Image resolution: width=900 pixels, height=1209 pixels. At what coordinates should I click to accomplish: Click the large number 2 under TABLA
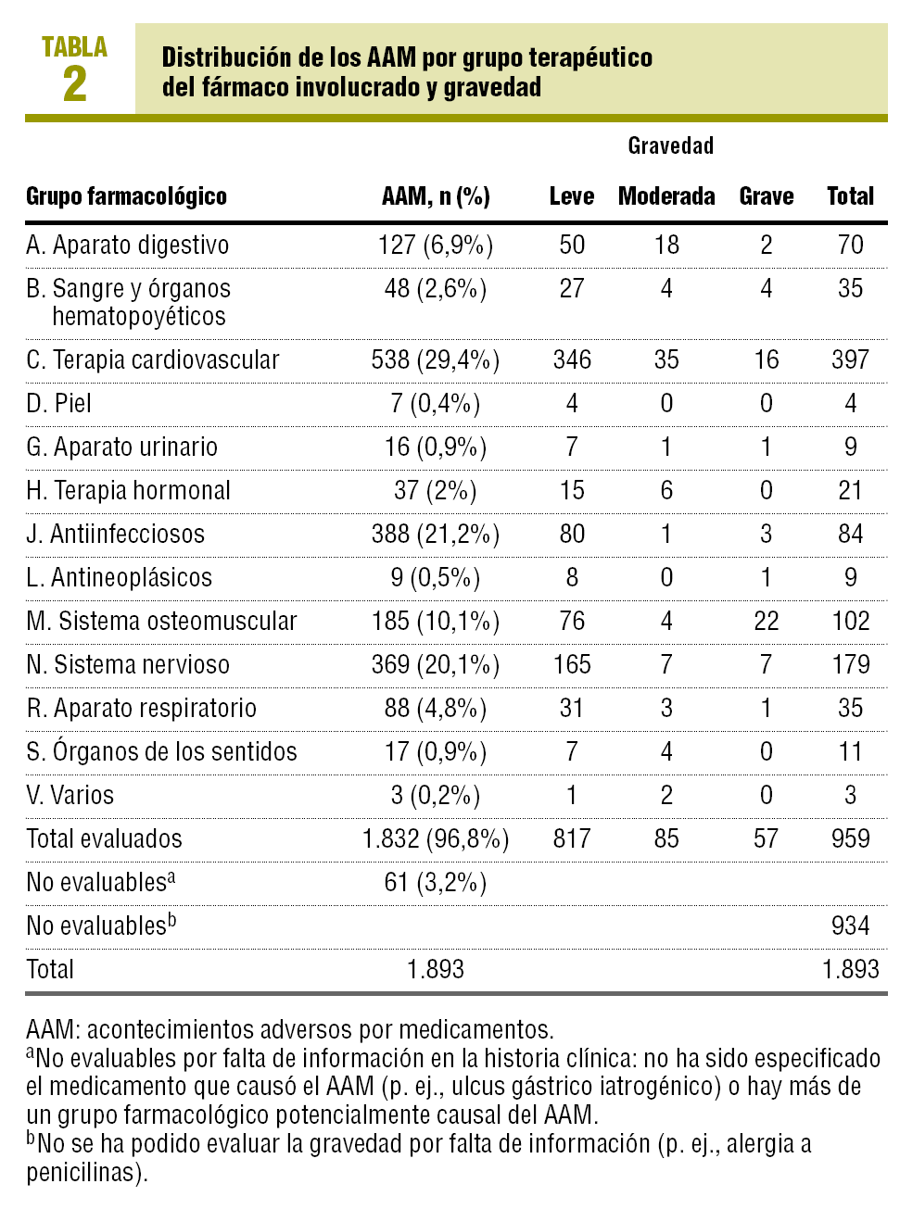tap(75, 85)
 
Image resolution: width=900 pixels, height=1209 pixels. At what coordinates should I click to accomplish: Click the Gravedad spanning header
tap(670, 145)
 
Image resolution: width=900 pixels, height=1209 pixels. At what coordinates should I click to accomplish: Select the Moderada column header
tap(666, 196)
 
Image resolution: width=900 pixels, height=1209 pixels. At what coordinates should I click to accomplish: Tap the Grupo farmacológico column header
tap(126, 196)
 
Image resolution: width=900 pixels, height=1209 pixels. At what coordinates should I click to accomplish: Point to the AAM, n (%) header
tap(436, 196)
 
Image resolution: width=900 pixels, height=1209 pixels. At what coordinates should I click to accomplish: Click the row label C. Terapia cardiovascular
tap(152, 359)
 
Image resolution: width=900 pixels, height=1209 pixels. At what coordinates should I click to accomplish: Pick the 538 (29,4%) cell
tap(436, 359)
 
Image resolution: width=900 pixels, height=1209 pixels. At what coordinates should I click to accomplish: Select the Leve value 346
tap(572, 359)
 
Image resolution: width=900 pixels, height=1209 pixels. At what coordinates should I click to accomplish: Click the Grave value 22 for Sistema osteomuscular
tap(766, 621)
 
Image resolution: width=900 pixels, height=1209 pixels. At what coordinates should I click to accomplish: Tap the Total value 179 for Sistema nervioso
tap(850, 664)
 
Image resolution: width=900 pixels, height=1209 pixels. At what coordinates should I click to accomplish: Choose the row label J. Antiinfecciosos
tap(115, 534)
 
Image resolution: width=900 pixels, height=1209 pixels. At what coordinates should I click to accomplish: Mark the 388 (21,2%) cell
tap(436, 534)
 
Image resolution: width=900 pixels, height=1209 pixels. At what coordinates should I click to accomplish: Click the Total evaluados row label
tap(104, 838)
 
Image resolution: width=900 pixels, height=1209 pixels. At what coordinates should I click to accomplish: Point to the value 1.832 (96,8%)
tap(436, 838)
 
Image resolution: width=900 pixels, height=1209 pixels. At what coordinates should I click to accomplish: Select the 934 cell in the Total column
tap(850, 926)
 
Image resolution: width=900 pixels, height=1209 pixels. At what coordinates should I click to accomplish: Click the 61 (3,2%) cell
tap(436, 882)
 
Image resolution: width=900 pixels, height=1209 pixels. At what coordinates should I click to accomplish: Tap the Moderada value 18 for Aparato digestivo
tap(666, 245)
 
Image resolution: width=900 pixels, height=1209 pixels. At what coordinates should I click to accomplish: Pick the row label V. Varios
tap(70, 795)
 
